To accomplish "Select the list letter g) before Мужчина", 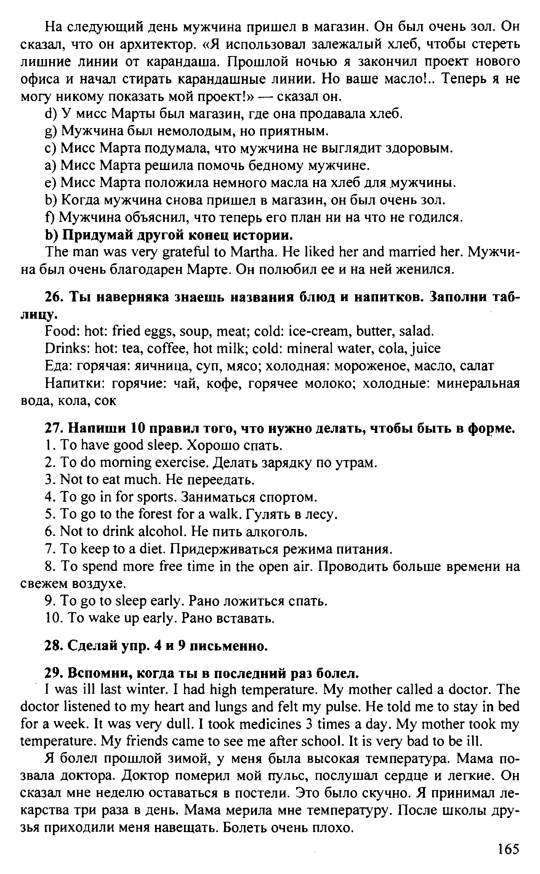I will coord(50,131).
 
